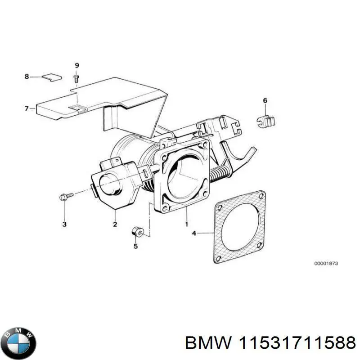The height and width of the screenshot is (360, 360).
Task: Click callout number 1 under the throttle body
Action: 186,224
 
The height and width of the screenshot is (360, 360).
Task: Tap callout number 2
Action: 115,224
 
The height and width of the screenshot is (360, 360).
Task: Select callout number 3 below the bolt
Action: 64,224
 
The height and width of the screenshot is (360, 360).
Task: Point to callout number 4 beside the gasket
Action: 194,233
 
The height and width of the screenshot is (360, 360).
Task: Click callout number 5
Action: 136,246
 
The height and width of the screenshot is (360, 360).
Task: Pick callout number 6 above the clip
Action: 265,100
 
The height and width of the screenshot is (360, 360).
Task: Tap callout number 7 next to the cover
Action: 27,108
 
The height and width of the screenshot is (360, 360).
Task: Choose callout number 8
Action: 27,77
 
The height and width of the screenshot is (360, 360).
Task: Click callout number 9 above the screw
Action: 76,66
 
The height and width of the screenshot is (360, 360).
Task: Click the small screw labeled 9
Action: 76,79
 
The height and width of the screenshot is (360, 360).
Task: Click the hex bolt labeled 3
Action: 65,196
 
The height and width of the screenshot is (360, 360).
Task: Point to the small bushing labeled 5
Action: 137,233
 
